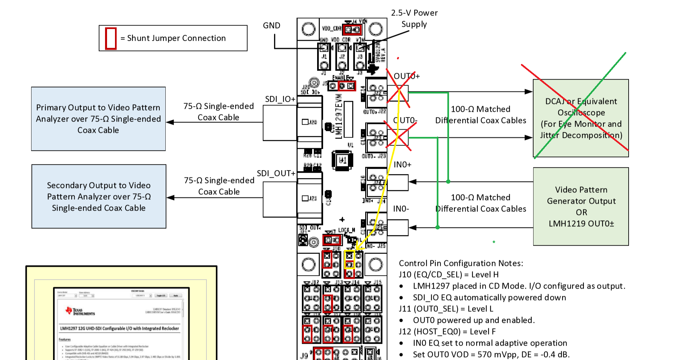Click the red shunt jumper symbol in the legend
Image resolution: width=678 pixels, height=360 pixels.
pyautogui.click(x=111, y=38)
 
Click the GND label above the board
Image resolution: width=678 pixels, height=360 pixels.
pyautogui.click(x=271, y=26)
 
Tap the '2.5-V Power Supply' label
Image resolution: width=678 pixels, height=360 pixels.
pyautogui.click(x=414, y=19)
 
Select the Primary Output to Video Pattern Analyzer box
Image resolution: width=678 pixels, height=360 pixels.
pyautogui.click(x=98, y=119)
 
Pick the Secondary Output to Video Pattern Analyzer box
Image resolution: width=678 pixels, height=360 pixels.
pyautogui.click(x=99, y=196)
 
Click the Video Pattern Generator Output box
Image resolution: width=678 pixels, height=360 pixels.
pyautogui.click(x=581, y=206)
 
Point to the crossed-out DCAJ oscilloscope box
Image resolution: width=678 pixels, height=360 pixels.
pyautogui.click(x=581, y=118)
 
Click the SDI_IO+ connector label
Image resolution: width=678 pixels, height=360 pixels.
pyautogui.click(x=280, y=99)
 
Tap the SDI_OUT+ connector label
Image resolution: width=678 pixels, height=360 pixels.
pyautogui.click(x=276, y=173)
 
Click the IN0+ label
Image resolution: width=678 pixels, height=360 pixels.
pyautogui.click(x=402, y=165)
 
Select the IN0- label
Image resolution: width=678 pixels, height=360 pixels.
pyautogui.click(x=401, y=209)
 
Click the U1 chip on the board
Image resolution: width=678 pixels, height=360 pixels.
pyautogui.click(x=342, y=160)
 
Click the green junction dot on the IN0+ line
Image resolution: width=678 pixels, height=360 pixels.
pyautogui.click(x=448, y=182)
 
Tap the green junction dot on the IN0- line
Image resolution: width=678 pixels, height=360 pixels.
pyautogui.click(x=438, y=227)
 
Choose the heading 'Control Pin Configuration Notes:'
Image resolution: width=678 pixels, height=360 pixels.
pyautogui.click(x=461, y=263)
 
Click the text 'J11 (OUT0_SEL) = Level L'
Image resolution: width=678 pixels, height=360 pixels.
pyautogui.click(x=446, y=309)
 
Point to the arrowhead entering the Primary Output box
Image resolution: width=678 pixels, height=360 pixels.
pyautogui.click(x=170, y=122)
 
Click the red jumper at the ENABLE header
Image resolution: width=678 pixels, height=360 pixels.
pyautogui.click(x=347, y=86)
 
